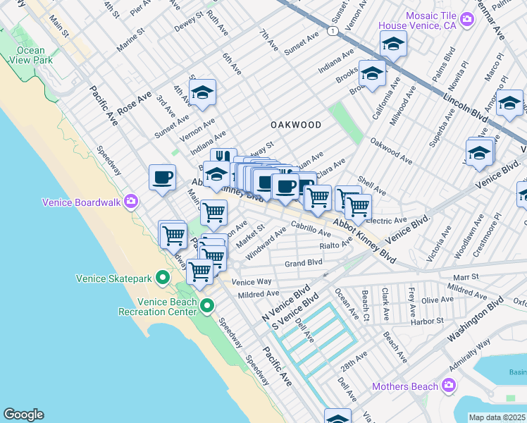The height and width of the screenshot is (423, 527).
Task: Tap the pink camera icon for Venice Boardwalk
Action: tap(131, 202)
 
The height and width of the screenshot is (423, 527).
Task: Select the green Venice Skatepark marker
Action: tap(163, 278)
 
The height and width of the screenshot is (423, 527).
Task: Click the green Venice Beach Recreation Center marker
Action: tap(207, 306)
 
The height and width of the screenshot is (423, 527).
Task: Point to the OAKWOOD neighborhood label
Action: tap(296, 125)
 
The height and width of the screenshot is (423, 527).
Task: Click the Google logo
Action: tap(23, 415)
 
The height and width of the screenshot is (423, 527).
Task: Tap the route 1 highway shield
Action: tap(332, 31)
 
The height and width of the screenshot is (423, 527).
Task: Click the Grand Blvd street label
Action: tap(303, 263)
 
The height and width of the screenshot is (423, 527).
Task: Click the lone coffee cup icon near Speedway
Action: tap(162, 178)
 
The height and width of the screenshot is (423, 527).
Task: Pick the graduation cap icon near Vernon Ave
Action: tap(202, 93)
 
